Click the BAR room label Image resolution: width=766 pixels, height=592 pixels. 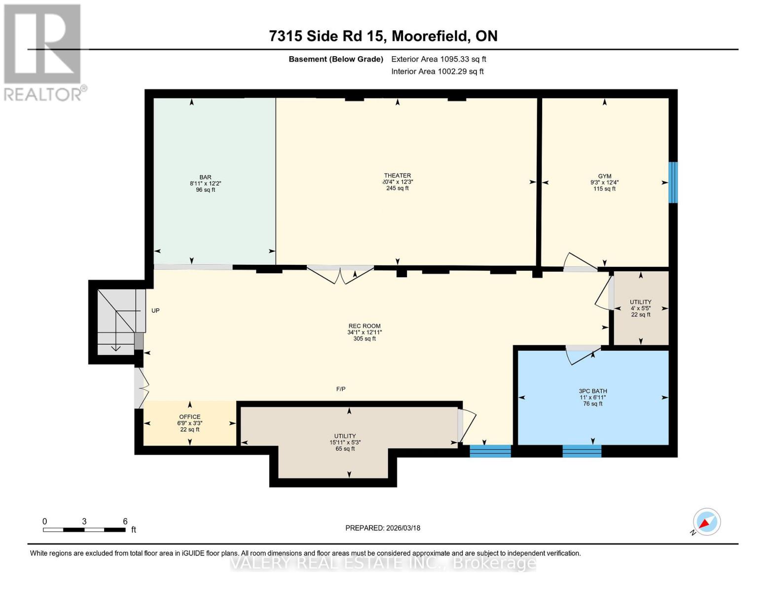205,178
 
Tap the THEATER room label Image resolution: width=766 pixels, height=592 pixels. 398,176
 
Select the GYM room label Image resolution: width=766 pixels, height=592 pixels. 604,176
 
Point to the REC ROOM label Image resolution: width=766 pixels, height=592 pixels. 365,326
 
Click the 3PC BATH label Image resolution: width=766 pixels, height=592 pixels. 593,391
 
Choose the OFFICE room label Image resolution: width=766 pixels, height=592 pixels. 189,417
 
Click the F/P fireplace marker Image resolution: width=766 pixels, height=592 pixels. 341,389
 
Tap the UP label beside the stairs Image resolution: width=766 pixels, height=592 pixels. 155,311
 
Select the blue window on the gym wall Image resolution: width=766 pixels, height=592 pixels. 673,182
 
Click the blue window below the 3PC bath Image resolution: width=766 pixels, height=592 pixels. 582,450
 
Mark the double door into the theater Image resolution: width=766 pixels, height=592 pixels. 340,274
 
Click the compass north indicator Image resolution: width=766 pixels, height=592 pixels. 706,522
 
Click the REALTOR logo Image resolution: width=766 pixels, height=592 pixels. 43,52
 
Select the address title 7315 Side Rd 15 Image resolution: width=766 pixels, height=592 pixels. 383,36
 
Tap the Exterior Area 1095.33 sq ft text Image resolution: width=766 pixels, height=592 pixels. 438,59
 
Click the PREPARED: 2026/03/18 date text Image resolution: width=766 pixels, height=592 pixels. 383,528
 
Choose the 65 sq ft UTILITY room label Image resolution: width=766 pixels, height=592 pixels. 345,436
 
